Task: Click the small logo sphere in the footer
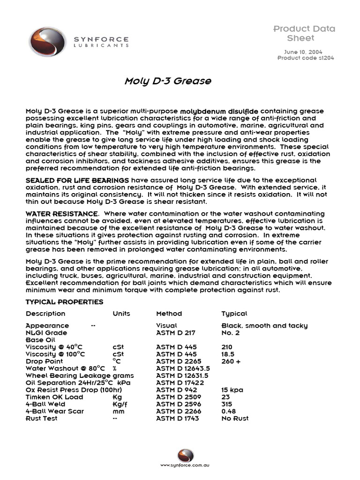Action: tap(185, 455)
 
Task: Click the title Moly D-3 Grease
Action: tap(168, 82)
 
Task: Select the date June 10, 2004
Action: tap(303, 52)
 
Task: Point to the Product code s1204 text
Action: tap(306, 58)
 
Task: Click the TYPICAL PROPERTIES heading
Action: tap(64, 302)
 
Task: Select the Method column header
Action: tap(169, 314)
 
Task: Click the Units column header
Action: tap(121, 314)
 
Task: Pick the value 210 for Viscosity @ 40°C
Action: tap(227, 347)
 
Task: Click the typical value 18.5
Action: tap(228, 354)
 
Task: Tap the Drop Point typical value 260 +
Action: tap(231, 361)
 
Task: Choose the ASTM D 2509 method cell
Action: tap(176, 397)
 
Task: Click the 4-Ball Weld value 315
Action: tap(227, 404)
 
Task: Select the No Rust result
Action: tap(235, 418)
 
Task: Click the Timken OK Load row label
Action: tap(54, 397)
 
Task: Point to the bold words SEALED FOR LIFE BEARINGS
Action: tap(77, 180)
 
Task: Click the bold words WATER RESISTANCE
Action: tap(61, 214)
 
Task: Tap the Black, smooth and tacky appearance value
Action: tap(264, 326)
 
